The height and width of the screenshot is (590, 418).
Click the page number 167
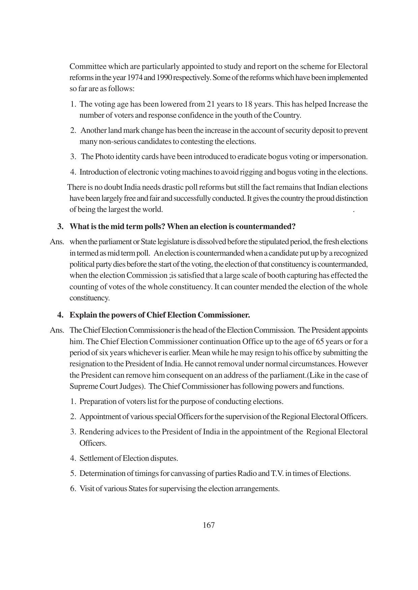point(209,525)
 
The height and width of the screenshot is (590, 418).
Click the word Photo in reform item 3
point(104,157)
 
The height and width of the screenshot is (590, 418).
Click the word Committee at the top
point(86,67)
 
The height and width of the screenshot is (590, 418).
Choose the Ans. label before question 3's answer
point(57,242)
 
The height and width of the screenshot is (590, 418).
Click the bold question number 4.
point(60,315)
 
